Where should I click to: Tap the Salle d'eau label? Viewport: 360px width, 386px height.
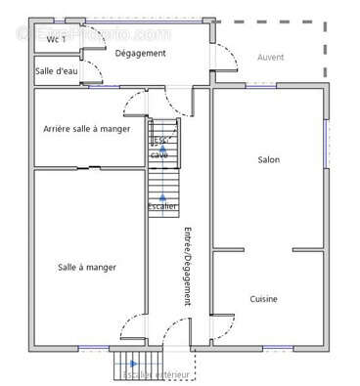57,71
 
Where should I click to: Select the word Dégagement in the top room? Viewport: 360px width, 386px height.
140,53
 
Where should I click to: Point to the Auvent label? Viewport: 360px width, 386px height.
270,58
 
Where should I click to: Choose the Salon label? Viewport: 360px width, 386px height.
268,159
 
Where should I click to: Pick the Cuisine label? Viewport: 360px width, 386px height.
263,299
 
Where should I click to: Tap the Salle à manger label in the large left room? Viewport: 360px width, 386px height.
86,267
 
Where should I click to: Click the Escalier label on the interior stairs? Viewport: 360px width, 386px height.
162,206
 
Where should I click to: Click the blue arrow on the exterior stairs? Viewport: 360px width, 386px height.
127,368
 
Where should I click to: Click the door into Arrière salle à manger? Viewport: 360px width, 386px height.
134,102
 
